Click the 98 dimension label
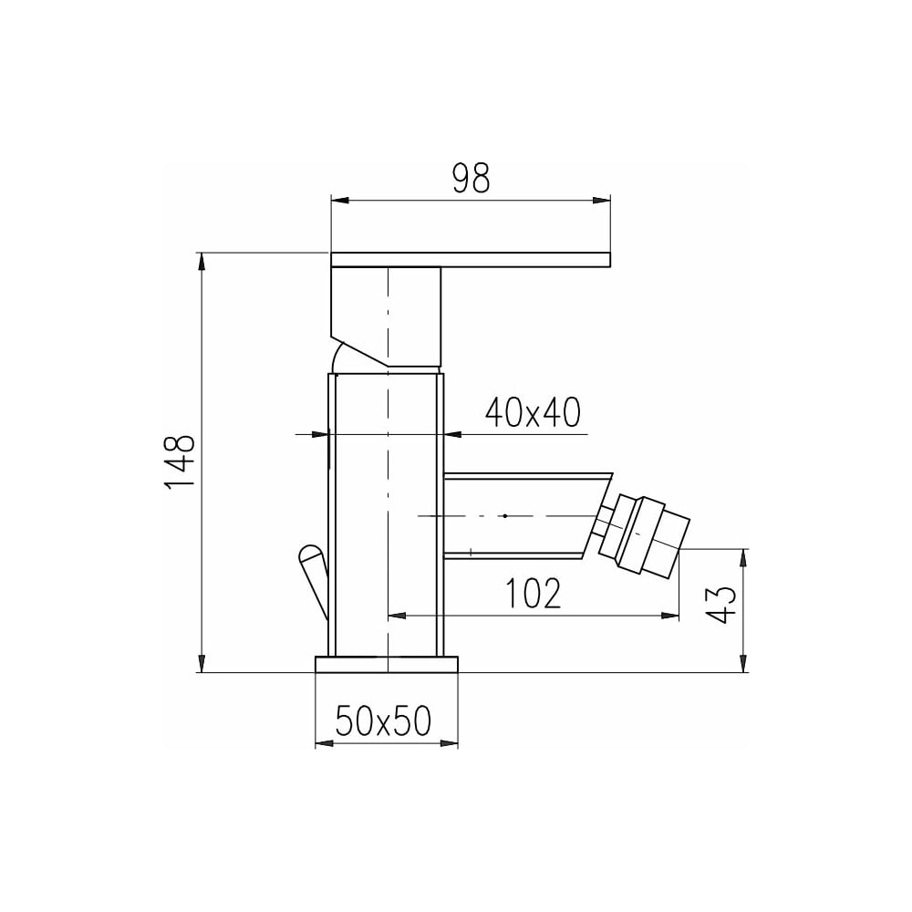pos(472,178)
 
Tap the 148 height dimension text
pos(180,462)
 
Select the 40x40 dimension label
pos(533,412)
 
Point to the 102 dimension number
pos(534,593)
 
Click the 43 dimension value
pos(722,605)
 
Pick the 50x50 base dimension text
pos(383,720)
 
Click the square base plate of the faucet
pos(386,664)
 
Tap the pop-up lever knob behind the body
pos(312,577)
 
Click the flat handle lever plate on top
pos(471,260)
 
